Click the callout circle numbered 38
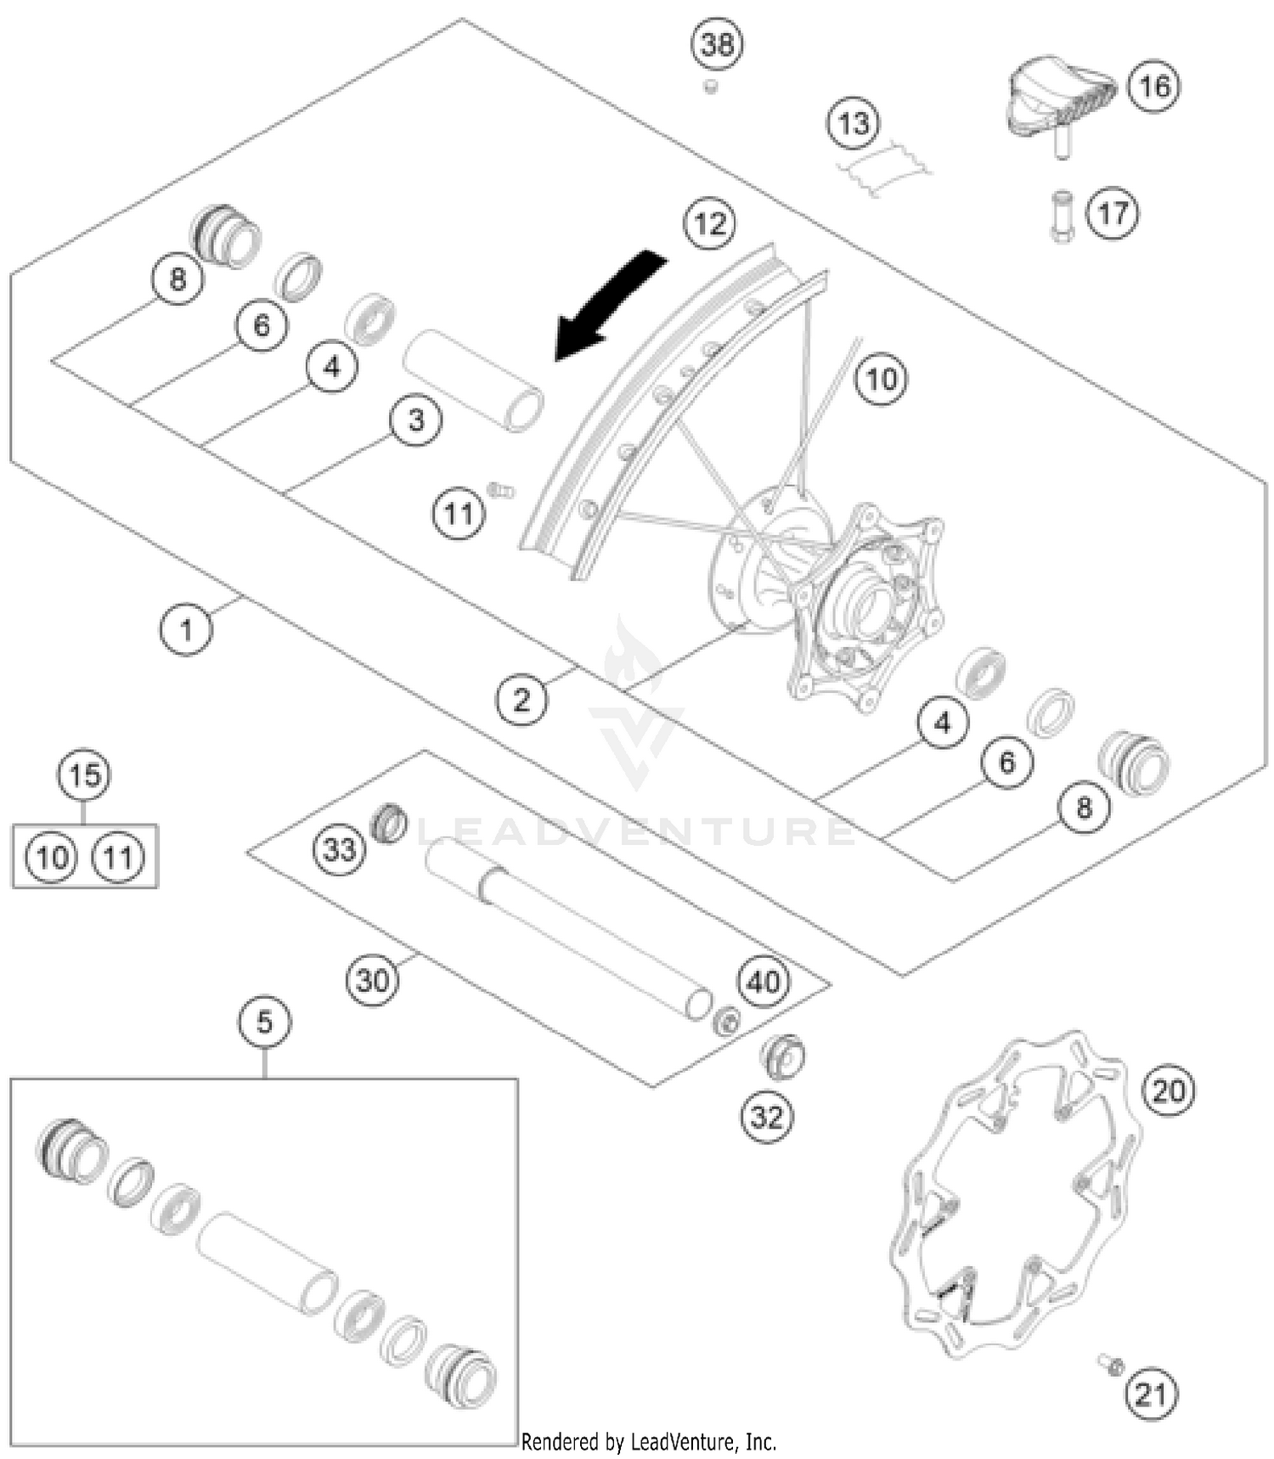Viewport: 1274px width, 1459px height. pos(718,44)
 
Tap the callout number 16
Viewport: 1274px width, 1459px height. pos(1154,86)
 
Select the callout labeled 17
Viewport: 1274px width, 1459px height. pos(1113,212)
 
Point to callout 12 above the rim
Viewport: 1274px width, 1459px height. pos(710,224)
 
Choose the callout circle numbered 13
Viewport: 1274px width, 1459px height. pos(854,124)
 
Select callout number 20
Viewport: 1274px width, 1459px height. pos(1169,1090)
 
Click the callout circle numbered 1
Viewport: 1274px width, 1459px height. pos(186,629)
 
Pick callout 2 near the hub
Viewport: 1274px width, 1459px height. pos(521,700)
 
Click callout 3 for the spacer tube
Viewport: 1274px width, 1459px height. pos(415,420)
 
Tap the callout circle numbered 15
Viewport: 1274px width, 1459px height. pos(85,775)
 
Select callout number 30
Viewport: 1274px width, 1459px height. pos(372,981)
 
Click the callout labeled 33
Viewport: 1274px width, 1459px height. pos(340,848)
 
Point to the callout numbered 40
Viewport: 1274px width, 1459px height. pos(764,982)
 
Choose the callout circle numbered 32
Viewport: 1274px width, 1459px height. pos(767,1117)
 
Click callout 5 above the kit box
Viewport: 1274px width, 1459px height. pos(264,1022)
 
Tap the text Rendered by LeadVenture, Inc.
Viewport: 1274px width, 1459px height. pos(648,1441)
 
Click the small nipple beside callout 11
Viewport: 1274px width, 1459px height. pos(501,490)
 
